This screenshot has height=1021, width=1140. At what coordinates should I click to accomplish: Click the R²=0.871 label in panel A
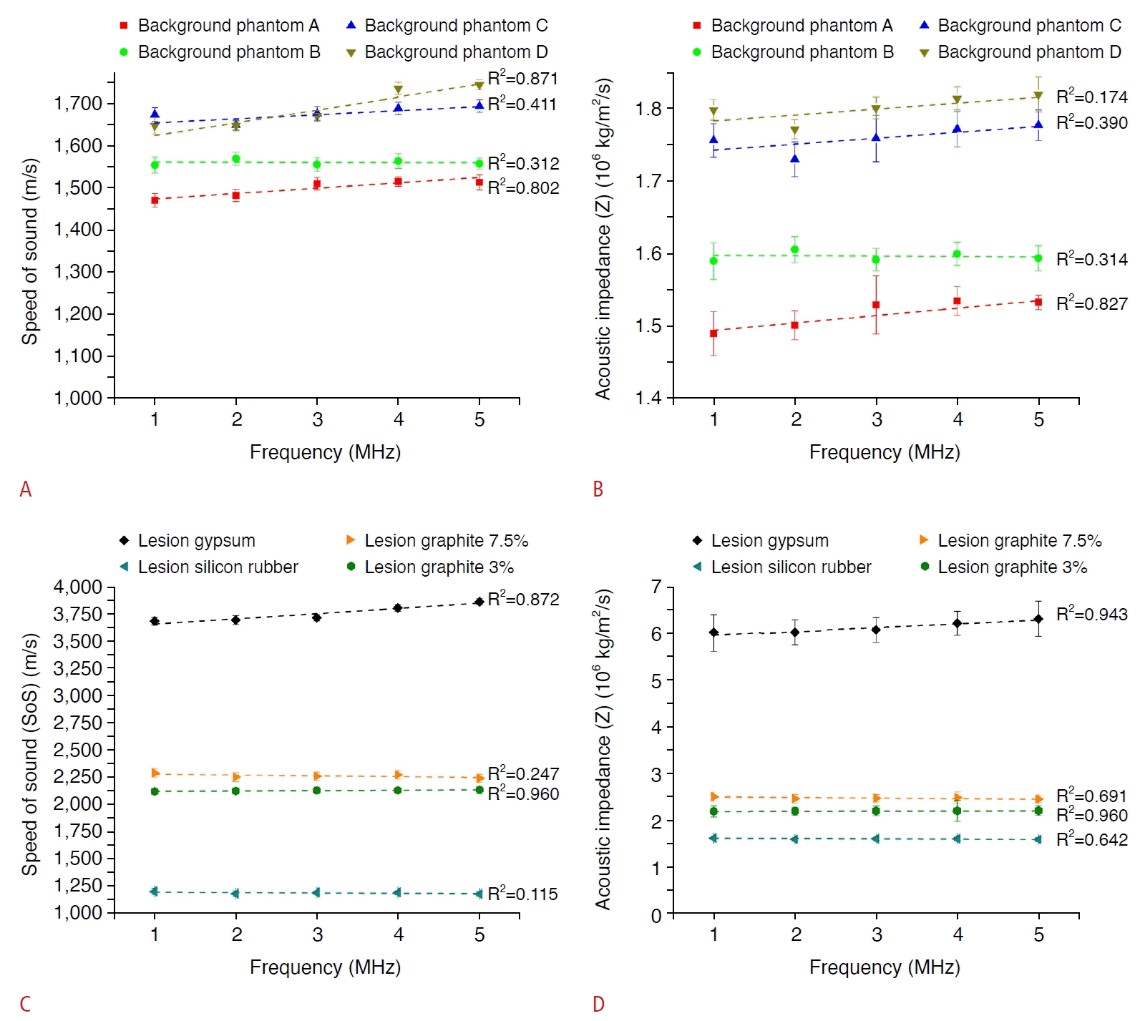click(x=522, y=79)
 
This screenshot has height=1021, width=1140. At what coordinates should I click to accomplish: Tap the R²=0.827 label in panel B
click(x=1091, y=303)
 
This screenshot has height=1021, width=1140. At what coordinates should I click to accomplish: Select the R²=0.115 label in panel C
click(x=522, y=894)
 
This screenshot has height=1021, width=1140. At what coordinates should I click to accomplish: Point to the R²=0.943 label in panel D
click(x=1091, y=614)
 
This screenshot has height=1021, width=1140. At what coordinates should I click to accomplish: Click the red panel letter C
click(x=25, y=1004)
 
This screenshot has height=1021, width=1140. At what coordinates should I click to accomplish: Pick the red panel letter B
click(x=598, y=489)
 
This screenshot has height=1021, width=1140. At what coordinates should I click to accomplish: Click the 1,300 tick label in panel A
click(x=78, y=272)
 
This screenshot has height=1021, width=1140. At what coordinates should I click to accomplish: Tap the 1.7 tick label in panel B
click(x=648, y=181)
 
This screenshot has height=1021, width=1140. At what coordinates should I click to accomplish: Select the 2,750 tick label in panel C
click(x=78, y=723)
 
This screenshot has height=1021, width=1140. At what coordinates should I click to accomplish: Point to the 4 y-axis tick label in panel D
click(x=656, y=728)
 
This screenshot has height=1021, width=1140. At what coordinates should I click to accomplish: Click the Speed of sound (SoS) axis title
click(x=29, y=754)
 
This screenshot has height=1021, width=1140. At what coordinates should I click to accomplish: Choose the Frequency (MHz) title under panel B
click(x=885, y=452)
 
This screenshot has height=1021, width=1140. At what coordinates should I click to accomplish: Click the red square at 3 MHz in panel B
click(x=876, y=305)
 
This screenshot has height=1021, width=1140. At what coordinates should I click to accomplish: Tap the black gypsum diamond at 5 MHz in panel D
click(x=1038, y=619)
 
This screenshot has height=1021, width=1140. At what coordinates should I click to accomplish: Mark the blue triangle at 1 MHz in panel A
click(x=155, y=114)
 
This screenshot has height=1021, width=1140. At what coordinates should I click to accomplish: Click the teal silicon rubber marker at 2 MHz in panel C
click(x=235, y=893)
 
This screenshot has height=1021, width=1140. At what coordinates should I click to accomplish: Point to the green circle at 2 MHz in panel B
click(x=794, y=250)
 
